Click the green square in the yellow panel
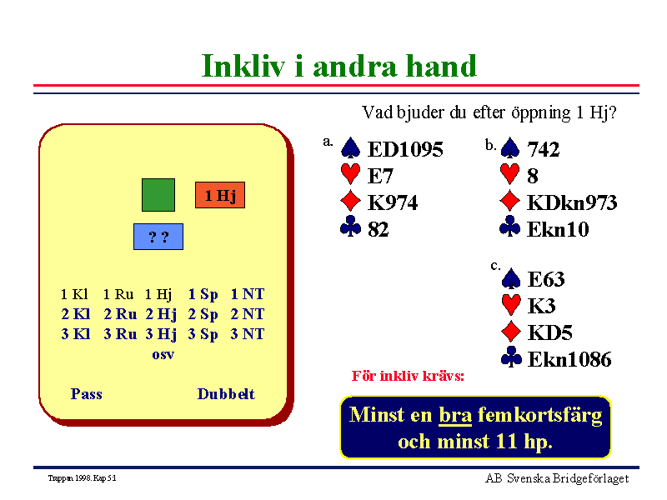(x=158, y=195)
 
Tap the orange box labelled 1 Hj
(x=220, y=195)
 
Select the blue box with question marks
(x=158, y=237)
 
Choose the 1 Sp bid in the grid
(x=203, y=294)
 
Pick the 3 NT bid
(x=247, y=334)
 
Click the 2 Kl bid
(x=76, y=314)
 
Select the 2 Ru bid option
(x=120, y=314)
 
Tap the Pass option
(x=87, y=394)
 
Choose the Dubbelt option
(x=226, y=394)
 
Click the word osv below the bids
(x=163, y=355)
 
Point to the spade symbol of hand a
(x=350, y=147)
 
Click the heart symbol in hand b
(x=509, y=174)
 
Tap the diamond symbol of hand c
(x=511, y=332)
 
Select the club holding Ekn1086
(x=569, y=359)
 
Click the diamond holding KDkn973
(x=572, y=202)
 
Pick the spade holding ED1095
(x=405, y=149)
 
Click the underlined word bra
(x=455, y=415)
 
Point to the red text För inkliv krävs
(x=408, y=376)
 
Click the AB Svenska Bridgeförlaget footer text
(x=557, y=478)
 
